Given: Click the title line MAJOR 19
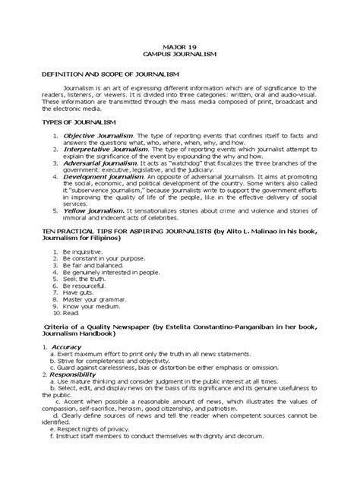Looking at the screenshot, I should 179,46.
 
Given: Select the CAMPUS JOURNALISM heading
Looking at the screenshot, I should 179,55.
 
